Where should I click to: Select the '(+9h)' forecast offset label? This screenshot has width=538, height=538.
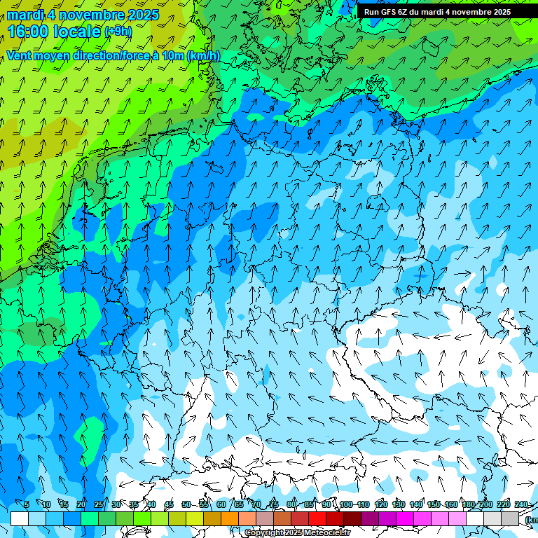(x=117, y=32)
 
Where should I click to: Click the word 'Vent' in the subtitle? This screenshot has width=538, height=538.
(x=21, y=56)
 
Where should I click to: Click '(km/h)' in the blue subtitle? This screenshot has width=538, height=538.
(x=203, y=56)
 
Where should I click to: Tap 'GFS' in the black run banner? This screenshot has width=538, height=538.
(x=389, y=12)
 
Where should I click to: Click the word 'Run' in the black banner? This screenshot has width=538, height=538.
(x=371, y=12)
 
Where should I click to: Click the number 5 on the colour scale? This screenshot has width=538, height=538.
(x=27, y=504)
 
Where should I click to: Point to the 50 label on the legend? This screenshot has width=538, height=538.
(x=186, y=504)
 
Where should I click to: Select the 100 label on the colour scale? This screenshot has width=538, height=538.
(x=346, y=504)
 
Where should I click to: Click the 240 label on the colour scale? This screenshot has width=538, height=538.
(x=521, y=504)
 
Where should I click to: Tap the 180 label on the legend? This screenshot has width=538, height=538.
(x=469, y=504)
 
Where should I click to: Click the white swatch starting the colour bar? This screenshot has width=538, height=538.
(x=20, y=518)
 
